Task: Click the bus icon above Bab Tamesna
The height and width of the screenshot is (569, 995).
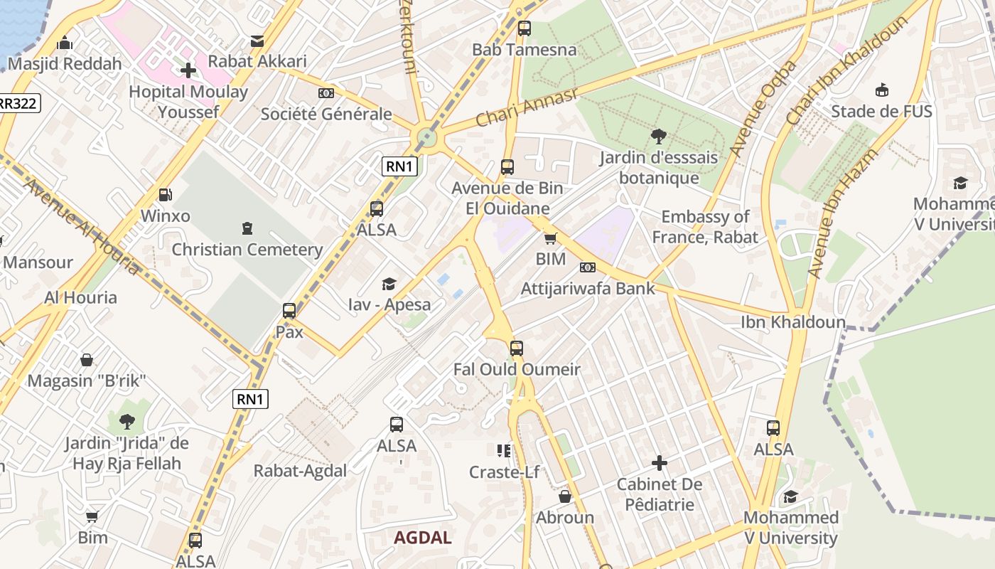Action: point(524,28)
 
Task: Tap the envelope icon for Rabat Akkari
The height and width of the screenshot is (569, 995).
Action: point(257,41)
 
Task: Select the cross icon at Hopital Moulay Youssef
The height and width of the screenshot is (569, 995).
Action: point(188,70)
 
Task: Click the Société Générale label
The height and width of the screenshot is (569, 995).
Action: point(326,114)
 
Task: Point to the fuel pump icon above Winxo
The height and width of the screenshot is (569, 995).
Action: point(165,194)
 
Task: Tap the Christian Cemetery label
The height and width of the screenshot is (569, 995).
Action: point(247,250)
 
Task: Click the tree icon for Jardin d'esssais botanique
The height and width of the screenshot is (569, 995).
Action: point(658,136)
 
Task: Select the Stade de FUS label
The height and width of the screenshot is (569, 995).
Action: point(881,111)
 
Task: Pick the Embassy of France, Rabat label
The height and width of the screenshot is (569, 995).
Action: point(705,227)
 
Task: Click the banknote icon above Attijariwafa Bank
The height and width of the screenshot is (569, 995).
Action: point(588,267)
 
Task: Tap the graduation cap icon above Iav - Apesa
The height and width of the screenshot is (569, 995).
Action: point(389,284)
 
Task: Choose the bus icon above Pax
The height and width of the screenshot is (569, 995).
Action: point(289,311)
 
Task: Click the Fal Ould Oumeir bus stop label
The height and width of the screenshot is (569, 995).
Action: point(517,369)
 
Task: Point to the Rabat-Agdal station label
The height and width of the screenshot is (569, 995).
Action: point(300,471)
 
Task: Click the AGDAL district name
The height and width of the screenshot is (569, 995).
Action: point(423,538)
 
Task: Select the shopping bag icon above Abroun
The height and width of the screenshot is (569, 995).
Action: point(565,496)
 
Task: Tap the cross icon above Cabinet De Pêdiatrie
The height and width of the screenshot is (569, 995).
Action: point(659,464)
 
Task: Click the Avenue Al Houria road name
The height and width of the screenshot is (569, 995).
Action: point(82,226)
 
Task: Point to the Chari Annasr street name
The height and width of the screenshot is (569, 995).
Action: point(526,108)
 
